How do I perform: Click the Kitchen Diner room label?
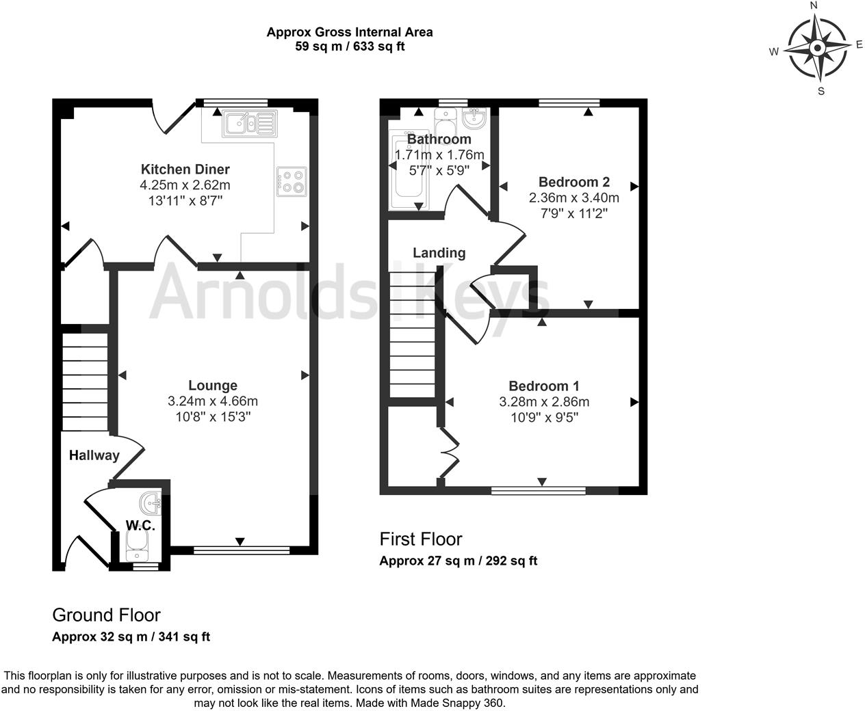tap(185, 169)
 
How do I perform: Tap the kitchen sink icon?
tap(249, 124)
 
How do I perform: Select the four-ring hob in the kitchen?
tap(292, 181)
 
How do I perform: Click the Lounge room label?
tap(213, 386)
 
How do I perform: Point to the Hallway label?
tap(94, 455)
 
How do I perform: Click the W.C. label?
tap(140, 526)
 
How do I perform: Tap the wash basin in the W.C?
tap(151, 504)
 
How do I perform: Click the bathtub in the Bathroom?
tap(409, 171)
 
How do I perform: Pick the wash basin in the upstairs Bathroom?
tap(474, 119)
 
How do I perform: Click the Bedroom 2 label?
tap(573, 182)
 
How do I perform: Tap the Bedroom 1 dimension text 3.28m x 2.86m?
tap(544, 402)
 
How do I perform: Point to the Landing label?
tap(439, 253)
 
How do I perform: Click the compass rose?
tap(817, 48)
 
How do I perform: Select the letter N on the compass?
tap(814, 6)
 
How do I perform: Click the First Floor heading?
tap(421, 539)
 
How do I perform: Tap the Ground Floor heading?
tap(106, 615)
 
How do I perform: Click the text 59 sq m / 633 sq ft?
tap(350, 46)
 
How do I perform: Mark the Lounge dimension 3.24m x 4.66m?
tap(213, 401)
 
